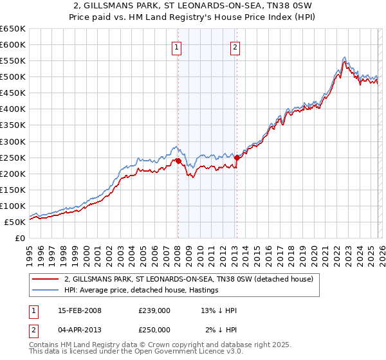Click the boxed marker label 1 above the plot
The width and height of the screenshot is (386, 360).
click(176, 47)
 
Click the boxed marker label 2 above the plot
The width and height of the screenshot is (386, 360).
click(235, 47)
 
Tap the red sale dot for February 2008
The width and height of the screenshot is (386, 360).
click(178, 161)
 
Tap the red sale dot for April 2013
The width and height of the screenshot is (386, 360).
click(237, 157)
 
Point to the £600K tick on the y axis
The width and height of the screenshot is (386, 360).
click(13, 45)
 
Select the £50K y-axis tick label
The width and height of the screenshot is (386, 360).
click(15, 222)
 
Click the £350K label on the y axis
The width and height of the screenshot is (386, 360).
click(13, 125)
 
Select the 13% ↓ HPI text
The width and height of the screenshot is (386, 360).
click(219, 310)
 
